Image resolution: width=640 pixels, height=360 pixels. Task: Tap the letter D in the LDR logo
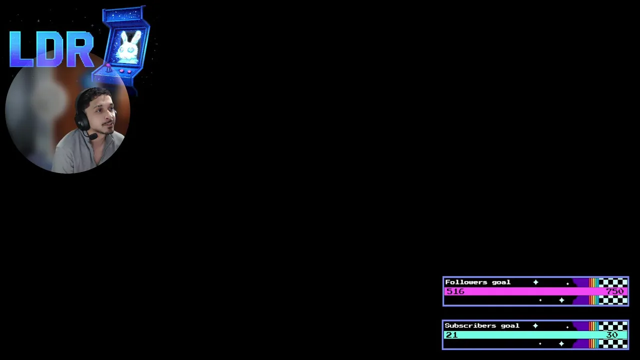(x=50, y=49)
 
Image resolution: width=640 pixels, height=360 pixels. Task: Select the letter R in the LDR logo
(x=80, y=49)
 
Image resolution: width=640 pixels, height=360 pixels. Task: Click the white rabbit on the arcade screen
(x=129, y=47)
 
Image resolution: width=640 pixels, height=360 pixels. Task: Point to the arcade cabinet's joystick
(x=108, y=66)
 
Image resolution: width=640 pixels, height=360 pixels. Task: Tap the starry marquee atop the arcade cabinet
(x=123, y=15)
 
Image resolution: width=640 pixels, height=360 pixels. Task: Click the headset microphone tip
(x=93, y=136)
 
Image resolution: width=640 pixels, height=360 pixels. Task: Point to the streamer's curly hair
(x=92, y=95)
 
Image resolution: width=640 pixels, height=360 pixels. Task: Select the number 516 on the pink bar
(x=455, y=291)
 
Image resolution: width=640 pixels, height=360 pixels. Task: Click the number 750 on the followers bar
(x=614, y=291)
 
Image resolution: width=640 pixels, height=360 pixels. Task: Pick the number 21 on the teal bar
(x=451, y=334)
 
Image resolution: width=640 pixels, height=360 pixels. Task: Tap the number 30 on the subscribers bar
(x=612, y=334)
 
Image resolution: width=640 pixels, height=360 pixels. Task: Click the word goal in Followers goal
(x=501, y=282)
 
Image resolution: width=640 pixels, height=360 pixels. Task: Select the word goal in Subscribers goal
(x=510, y=325)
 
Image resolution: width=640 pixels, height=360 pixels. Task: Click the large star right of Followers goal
(x=535, y=282)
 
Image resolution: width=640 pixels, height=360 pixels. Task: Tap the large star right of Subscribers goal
(x=535, y=326)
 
